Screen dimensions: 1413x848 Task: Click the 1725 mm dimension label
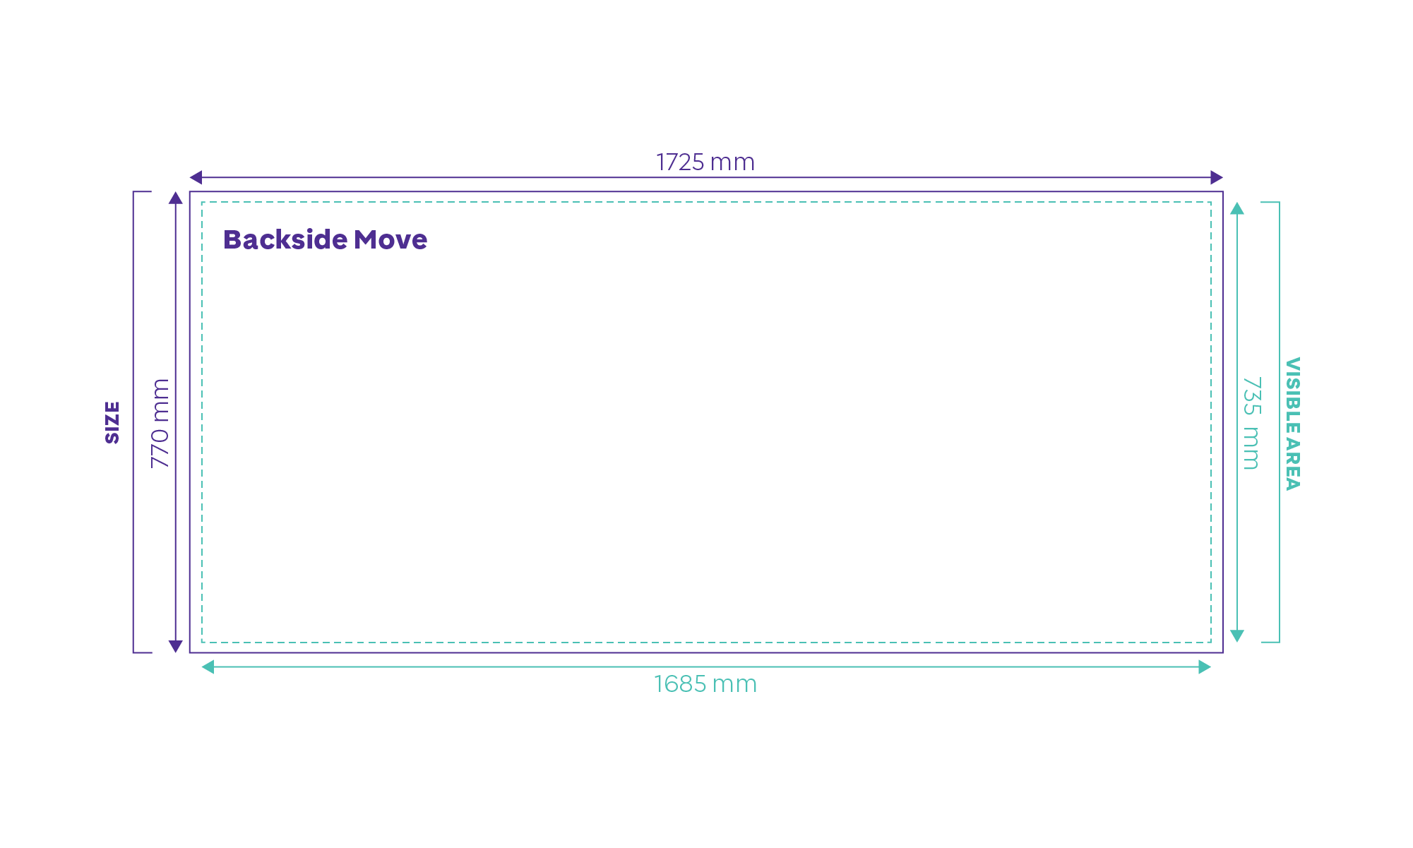pyautogui.click(x=705, y=162)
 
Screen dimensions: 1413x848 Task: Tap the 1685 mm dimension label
pyautogui.click(x=705, y=684)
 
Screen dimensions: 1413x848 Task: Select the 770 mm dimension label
pyautogui.click(x=160, y=423)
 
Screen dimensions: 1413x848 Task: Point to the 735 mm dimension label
pyautogui.click(x=1251, y=423)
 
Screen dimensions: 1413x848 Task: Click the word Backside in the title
pyautogui.click(x=285, y=239)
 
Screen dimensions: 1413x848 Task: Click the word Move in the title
pyautogui.click(x=390, y=240)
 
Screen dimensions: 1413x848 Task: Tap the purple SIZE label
pyautogui.click(x=112, y=422)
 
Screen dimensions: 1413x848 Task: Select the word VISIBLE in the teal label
pyautogui.click(x=1292, y=395)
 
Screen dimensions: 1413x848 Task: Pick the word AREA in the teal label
pyautogui.click(x=1292, y=464)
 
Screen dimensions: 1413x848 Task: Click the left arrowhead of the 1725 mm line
pyautogui.click(x=196, y=177)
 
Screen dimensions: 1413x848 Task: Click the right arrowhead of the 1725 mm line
pyautogui.click(x=1217, y=177)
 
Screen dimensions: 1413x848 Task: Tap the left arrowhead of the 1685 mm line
pyautogui.click(x=208, y=667)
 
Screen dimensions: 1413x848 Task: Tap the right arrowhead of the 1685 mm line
pyautogui.click(x=1205, y=667)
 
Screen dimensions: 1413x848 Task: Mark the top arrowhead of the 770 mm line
pyautogui.click(x=176, y=198)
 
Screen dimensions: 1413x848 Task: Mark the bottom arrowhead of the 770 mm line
pyautogui.click(x=176, y=646)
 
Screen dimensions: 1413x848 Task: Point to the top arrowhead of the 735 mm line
pyautogui.click(x=1237, y=208)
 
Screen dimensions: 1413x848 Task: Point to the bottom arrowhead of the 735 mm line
pyautogui.click(x=1237, y=635)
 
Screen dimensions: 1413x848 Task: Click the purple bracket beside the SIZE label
pyautogui.click(x=133, y=422)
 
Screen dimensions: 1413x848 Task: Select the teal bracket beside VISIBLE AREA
pyautogui.click(x=1279, y=422)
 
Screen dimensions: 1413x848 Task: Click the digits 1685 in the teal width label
pyautogui.click(x=679, y=684)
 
